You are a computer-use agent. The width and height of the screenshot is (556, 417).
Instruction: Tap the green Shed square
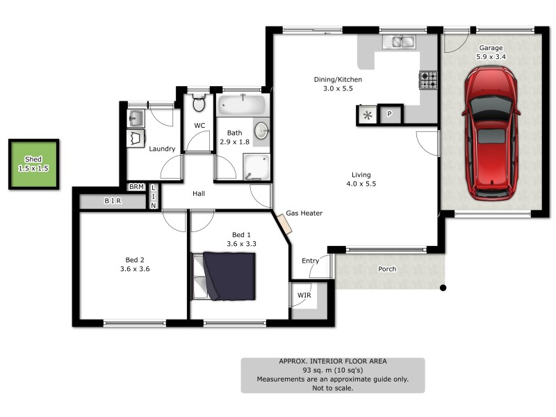pos(33,164)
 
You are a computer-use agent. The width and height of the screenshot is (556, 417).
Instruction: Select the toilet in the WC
pos(199,104)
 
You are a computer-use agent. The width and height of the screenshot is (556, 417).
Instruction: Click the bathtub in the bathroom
pos(241,106)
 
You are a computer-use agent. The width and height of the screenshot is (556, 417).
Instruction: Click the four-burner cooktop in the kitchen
pos(428,81)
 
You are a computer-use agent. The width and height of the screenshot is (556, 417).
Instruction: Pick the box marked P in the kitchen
pos(390,114)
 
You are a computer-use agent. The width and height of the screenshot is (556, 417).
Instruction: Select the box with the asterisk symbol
pos(367,114)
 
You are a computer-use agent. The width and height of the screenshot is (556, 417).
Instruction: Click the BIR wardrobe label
pos(113,202)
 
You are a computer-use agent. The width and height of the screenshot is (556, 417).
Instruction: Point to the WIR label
pos(304,295)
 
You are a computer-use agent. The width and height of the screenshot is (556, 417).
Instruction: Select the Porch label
pos(387,269)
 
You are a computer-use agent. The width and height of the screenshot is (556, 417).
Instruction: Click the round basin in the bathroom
pos(262,131)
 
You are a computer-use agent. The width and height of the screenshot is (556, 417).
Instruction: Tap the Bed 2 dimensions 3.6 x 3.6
pos(133,269)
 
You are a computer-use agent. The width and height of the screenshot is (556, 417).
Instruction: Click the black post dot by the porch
pos(442,287)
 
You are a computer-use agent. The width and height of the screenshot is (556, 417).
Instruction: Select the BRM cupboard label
pos(136,187)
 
